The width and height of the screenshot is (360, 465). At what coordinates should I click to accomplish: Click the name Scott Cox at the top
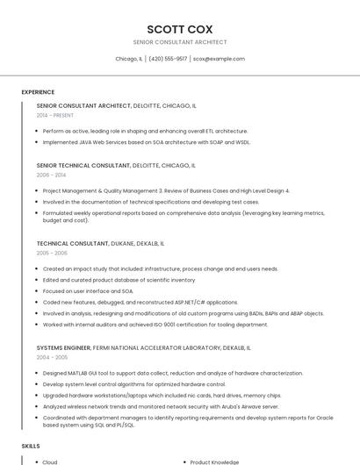[179, 29]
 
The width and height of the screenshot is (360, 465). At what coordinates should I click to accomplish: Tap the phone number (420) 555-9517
[168, 59]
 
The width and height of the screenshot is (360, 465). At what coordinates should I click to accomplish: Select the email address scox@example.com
[219, 59]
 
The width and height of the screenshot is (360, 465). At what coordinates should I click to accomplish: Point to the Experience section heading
[38, 92]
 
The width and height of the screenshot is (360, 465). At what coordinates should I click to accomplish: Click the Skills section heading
[31, 446]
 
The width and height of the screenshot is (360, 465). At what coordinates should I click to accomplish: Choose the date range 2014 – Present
[55, 115]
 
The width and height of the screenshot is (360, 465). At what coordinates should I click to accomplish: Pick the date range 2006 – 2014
[51, 175]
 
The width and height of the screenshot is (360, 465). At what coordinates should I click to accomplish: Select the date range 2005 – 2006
[52, 253]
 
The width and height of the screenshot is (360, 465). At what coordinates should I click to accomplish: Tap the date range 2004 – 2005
[52, 357]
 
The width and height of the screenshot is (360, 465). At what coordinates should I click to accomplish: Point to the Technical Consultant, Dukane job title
[100, 243]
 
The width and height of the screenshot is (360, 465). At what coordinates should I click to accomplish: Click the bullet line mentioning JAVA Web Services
[147, 141]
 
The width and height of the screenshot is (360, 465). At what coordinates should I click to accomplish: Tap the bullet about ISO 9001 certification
[143, 325]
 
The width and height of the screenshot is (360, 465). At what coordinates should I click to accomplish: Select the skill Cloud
[50, 461]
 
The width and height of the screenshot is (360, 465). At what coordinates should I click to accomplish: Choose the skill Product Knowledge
[215, 461]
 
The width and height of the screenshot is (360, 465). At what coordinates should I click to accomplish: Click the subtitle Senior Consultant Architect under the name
[179, 42]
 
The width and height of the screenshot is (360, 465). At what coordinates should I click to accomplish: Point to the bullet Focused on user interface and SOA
[88, 290]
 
